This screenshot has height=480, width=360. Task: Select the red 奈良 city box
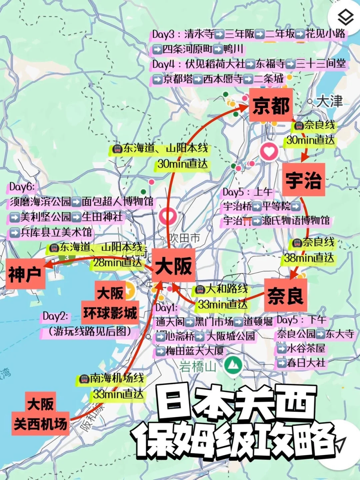tap(285, 295)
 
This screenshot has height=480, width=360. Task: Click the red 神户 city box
tap(25, 273)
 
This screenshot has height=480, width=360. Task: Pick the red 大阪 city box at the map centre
tap(173, 265)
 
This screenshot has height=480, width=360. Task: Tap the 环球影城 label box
tap(110, 313)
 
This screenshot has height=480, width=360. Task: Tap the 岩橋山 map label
tap(197, 367)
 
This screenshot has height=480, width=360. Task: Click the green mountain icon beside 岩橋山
tap(233, 366)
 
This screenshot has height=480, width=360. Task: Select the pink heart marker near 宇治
tap(269, 152)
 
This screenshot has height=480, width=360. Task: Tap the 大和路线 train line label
tap(226, 289)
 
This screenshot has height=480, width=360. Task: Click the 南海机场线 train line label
tap(117, 378)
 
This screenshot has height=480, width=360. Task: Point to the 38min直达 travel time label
tap(309, 258)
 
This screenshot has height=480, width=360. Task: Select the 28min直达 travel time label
tap(117, 262)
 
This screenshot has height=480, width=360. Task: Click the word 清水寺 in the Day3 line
tap(199, 34)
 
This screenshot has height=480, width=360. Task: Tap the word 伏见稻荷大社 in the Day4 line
tap(215, 64)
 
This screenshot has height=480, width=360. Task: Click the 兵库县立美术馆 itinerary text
tap(56, 232)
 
